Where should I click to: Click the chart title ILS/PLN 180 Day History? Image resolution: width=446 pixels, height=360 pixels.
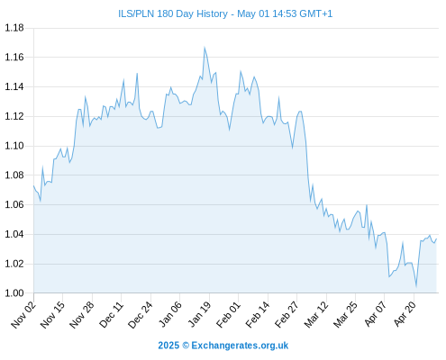tap(173, 13)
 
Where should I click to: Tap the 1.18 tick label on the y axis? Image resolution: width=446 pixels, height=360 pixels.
tap(14, 28)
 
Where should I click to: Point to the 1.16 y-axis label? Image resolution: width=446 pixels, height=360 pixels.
tap(14, 57)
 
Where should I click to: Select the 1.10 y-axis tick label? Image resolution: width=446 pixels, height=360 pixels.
tap(14, 146)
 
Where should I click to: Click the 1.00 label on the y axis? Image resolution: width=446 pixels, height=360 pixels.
tap(14, 292)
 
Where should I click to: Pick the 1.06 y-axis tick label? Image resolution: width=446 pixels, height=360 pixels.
tap(14, 204)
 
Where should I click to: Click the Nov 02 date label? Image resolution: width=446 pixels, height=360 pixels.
tap(23, 315)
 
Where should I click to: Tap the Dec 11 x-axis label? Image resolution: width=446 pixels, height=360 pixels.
tap(111, 315)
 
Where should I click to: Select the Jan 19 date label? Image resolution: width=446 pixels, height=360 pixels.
tap(199, 315)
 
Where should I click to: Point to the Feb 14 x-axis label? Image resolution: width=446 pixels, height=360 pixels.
tap(258, 315)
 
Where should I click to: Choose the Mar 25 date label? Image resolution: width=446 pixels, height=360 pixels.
tap(345, 315)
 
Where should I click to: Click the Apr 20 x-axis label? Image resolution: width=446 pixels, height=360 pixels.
tap(405, 315)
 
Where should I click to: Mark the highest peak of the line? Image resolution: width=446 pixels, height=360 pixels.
tap(205, 48)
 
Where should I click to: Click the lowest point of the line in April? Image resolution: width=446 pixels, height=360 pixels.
tap(416, 286)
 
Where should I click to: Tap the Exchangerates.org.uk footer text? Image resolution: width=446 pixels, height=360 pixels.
tap(240, 346)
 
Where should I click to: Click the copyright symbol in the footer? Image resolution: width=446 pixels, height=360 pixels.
tap(186, 346)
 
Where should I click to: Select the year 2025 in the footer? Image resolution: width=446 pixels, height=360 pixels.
tap(168, 346)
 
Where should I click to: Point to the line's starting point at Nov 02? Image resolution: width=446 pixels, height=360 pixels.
tap(33, 185)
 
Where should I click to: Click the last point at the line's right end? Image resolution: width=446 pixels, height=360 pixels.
tap(436, 238)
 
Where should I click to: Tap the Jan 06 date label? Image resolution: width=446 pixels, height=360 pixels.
tap(170, 315)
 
